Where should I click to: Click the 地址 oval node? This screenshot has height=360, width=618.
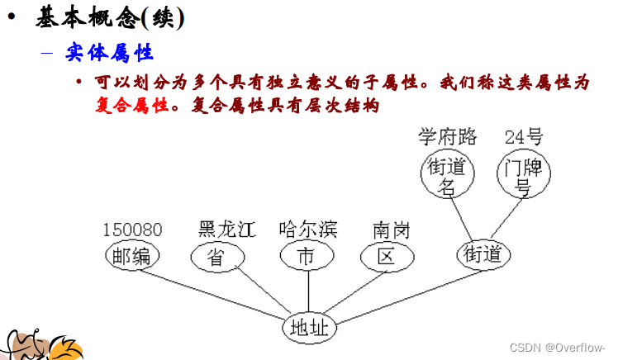(x=310, y=328)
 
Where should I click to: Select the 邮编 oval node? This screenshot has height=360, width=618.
(x=132, y=256)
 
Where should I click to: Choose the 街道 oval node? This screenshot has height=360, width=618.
(x=483, y=253)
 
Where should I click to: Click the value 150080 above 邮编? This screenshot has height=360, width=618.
(x=132, y=230)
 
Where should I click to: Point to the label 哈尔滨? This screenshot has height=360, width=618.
(x=307, y=229)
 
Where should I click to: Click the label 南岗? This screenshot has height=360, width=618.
(x=391, y=229)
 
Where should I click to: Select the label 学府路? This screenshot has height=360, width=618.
(x=447, y=135)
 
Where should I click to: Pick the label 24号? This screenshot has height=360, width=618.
(x=524, y=135)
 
